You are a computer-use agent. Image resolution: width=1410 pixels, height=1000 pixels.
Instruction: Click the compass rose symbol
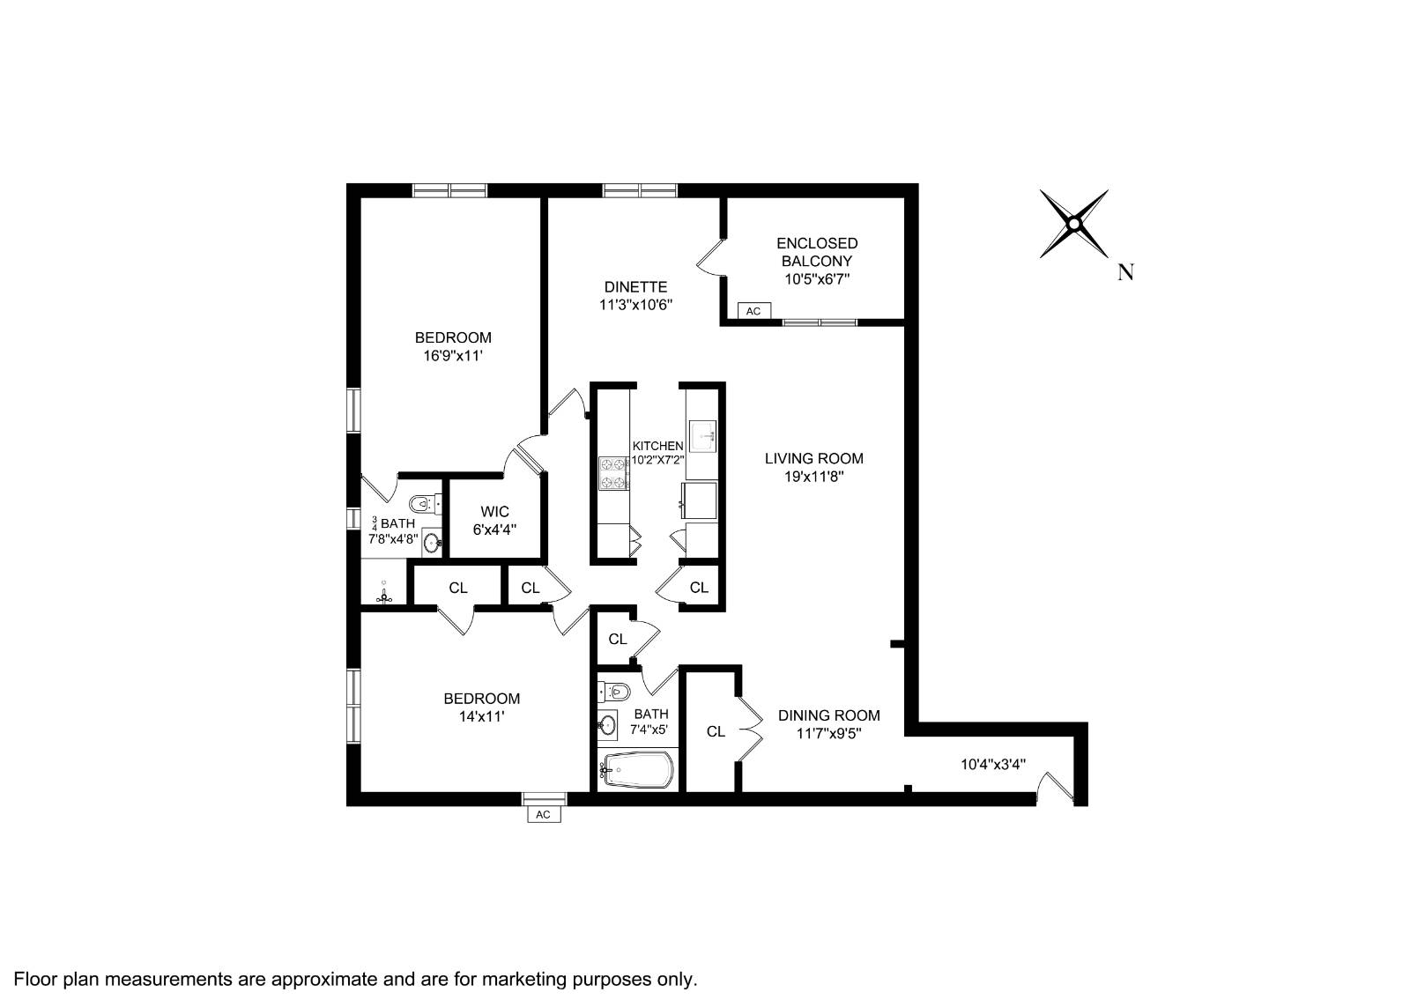[1074, 224]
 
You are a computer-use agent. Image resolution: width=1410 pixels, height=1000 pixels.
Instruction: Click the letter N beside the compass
[1125, 272]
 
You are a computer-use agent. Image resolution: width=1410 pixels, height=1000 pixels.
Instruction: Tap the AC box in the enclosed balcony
[753, 311]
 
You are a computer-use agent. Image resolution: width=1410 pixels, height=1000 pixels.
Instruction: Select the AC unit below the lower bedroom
[543, 814]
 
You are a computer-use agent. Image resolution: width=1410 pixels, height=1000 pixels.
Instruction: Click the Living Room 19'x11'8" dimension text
[813, 477]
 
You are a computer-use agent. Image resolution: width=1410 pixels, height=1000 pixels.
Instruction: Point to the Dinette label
[635, 287]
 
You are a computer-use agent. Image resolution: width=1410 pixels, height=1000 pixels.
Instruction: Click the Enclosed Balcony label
[817, 252]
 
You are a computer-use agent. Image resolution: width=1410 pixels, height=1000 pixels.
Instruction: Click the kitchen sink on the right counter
[702, 433]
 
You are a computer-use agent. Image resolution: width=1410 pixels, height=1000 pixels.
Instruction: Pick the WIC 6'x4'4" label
[494, 521]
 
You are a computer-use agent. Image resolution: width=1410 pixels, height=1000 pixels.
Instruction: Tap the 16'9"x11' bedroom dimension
[453, 356]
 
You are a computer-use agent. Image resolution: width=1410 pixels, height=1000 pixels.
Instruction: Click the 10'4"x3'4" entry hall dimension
[992, 765]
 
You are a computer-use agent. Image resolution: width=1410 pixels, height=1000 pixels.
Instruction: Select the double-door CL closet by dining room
[716, 731]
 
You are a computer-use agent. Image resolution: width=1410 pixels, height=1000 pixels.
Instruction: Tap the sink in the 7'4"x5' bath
[607, 726]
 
